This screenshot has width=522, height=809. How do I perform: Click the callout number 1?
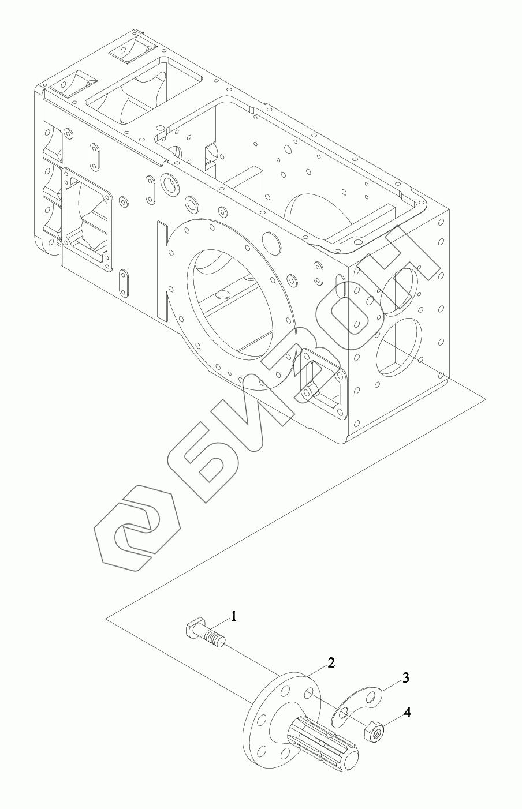tap(234, 616)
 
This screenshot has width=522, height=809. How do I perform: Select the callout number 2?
tap(331, 662)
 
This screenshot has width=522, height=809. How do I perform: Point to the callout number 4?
tap(407, 713)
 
